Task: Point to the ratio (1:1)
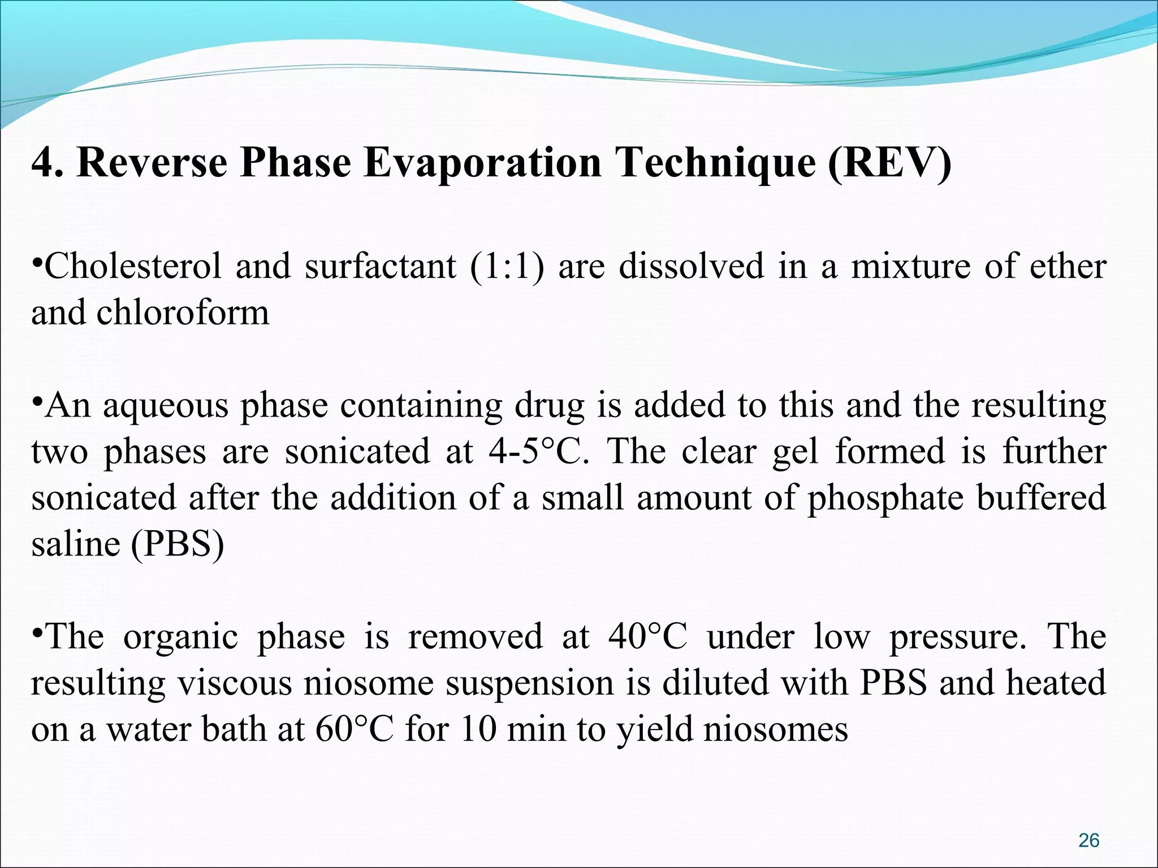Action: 507,267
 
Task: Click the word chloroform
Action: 183,313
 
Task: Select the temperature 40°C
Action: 647,637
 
